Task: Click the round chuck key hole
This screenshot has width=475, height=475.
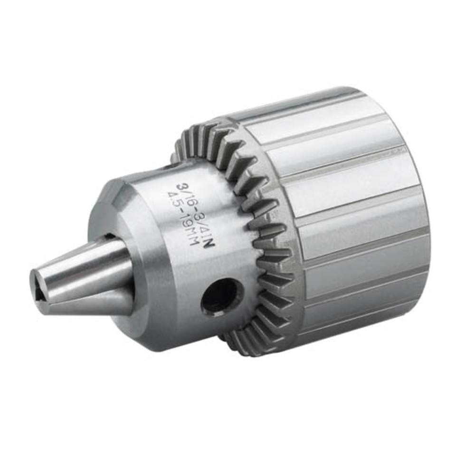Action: tap(220, 297)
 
